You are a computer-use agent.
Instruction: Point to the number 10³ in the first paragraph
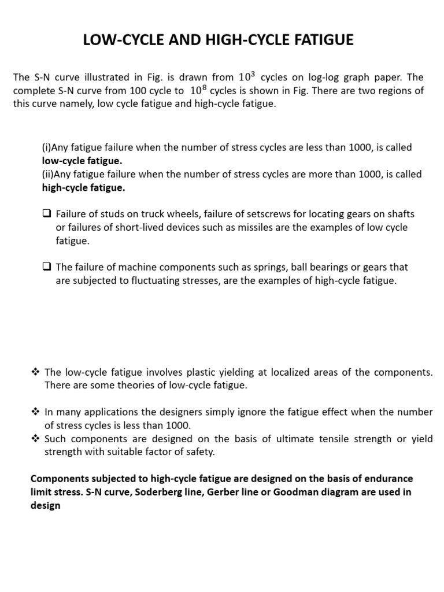tap(245, 76)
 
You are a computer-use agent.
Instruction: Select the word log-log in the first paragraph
tap(319, 77)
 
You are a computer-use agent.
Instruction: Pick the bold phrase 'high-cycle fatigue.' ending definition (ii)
tap(83, 187)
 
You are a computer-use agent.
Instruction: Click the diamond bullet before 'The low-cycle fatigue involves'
tap(35, 372)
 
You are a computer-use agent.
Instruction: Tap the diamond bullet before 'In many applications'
tap(35, 412)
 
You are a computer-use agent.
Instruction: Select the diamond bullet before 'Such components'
tap(35, 439)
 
